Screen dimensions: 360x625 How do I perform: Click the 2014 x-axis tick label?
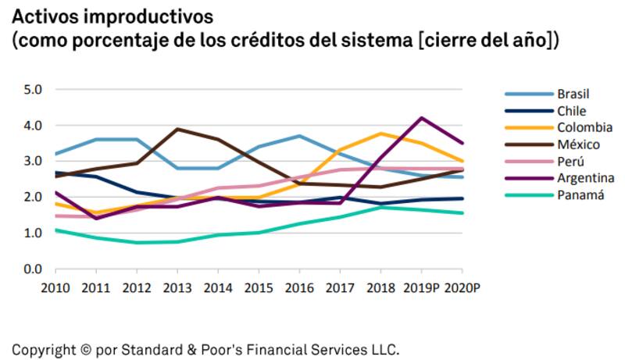point(216,288)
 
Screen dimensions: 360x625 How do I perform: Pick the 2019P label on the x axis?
point(421,288)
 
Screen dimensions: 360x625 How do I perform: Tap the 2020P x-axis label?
point(462,288)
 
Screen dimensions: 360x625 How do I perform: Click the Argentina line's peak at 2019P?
point(422,118)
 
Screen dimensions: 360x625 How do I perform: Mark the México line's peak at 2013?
point(177,129)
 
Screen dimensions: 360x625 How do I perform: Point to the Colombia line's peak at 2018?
point(380,134)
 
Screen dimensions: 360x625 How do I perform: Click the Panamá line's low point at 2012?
point(136,243)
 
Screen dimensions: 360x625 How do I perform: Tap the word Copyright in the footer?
point(41,348)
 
